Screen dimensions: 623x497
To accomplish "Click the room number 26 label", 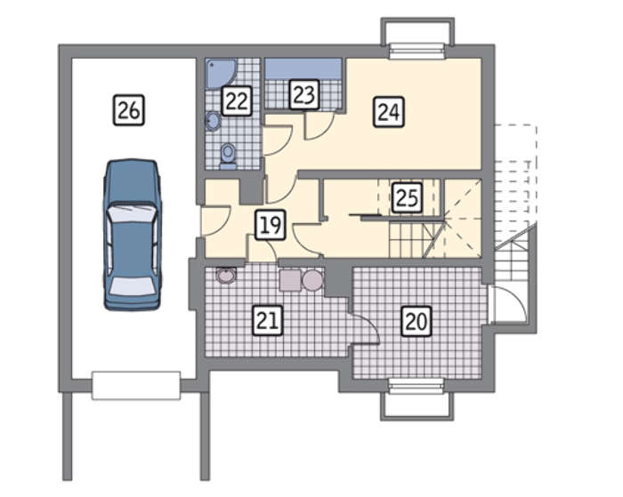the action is coord(129,110).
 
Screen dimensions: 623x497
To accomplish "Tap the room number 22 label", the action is coord(237,100).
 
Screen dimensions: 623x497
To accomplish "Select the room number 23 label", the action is coord(304,94).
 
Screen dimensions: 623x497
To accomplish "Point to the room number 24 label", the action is coord(389,112).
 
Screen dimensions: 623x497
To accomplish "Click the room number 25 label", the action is coord(408,197).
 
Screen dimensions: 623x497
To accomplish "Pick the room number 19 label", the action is coord(271,225).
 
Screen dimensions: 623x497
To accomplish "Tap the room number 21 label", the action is coord(268,320).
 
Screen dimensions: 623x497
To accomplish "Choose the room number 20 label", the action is coord(417,321).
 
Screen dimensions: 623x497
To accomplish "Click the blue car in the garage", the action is coord(133,235).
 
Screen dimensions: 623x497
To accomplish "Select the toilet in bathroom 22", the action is coord(228,156).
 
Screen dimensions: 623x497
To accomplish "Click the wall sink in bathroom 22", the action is coord(213,121).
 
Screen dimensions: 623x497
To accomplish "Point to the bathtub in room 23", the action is coord(303,69).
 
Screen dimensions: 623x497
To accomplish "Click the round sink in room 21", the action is coord(226,275).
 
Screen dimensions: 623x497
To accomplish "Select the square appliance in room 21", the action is coord(290,280).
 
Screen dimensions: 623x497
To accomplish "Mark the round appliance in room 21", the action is coord(312,280).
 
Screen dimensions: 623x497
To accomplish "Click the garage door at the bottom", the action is coord(136,385).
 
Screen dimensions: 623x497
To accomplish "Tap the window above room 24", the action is coord(417,52).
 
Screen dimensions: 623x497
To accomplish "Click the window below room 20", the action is coord(417,386).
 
